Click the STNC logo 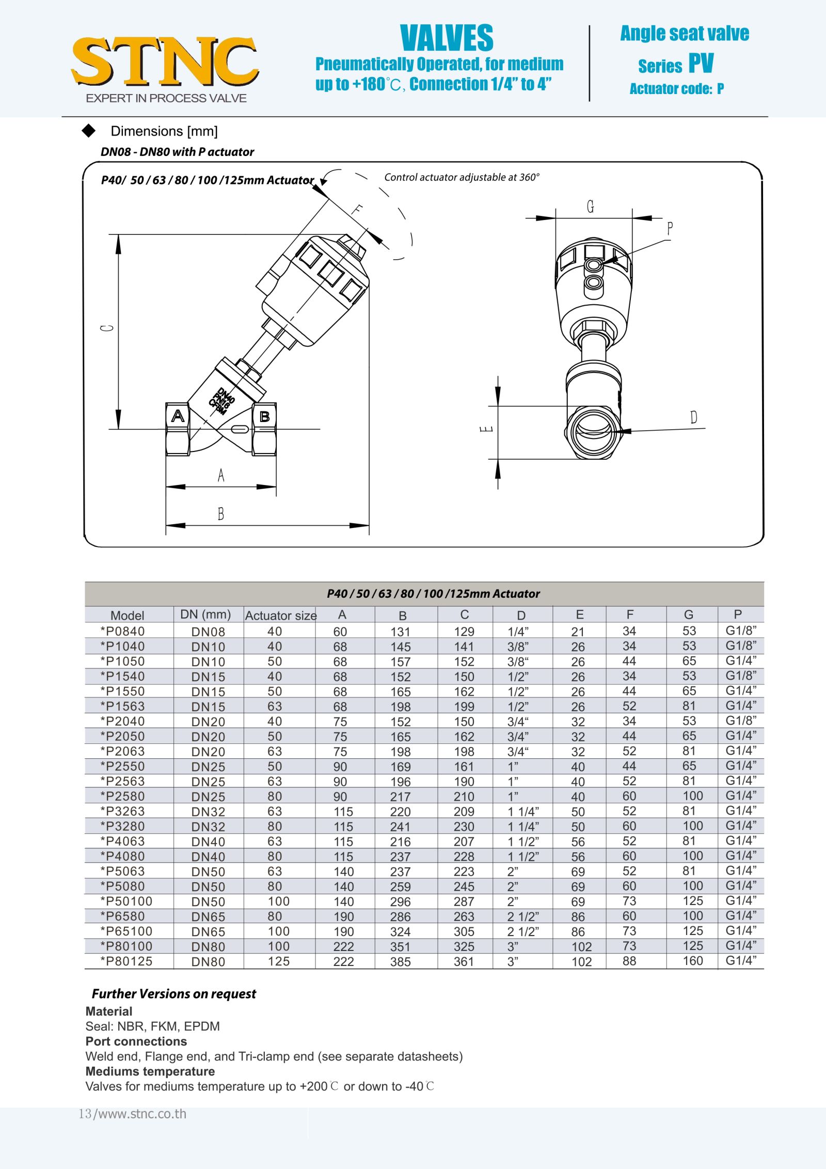click(x=165, y=62)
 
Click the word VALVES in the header click(x=447, y=38)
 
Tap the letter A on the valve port click(x=178, y=416)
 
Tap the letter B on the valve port click(x=264, y=416)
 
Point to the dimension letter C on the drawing click(x=107, y=328)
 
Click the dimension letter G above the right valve click(x=591, y=207)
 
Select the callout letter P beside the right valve click(x=670, y=228)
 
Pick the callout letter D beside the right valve click(x=693, y=417)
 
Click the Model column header click(x=127, y=615)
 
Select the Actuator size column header click(x=280, y=615)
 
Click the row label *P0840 click(x=123, y=631)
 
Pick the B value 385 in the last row click(x=400, y=961)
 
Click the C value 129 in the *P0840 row click(x=464, y=631)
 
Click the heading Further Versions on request click(x=174, y=993)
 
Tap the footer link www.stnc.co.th click(x=142, y=1113)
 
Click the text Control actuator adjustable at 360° click(x=462, y=177)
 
